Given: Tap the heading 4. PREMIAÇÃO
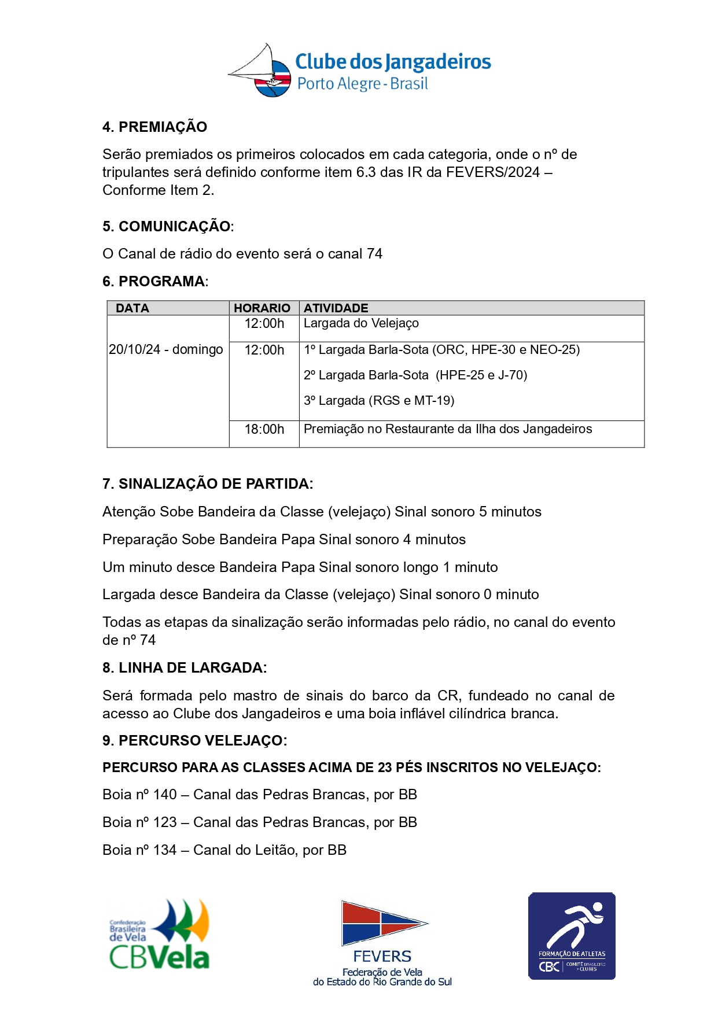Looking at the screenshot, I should tap(154, 127).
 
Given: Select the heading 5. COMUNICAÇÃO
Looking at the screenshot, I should tap(167, 226).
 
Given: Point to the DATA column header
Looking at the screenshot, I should tap(132, 308).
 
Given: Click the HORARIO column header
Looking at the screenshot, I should tap(262, 308).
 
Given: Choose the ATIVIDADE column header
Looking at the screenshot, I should tap(336, 308).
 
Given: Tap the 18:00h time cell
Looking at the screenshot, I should tap(264, 429).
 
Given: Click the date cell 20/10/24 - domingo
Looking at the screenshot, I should tap(166, 349).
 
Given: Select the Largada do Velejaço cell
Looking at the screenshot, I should tap(361, 323).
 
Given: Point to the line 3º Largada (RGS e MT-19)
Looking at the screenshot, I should tap(379, 400).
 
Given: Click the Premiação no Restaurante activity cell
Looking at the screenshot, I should tap(448, 429).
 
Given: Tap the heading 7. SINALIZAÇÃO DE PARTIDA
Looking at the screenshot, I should tap(207, 483).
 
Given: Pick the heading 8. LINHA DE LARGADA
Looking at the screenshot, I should tap(183, 667).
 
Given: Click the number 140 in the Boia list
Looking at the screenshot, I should tap(165, 794).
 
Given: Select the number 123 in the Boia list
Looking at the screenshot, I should tap(165, 822).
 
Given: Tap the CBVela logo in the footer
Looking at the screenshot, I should tap(160, 935).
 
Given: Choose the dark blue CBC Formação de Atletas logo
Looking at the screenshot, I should tap(572, 935).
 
